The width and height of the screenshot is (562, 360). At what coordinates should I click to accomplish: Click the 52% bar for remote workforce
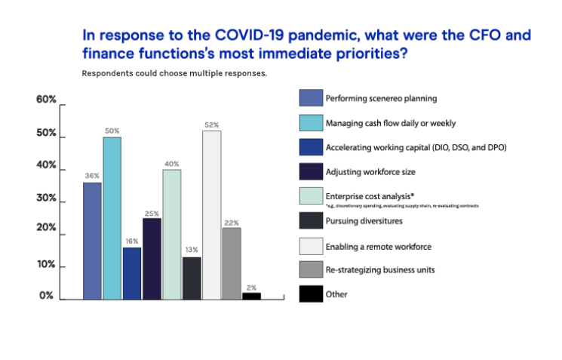[x=212, y=215]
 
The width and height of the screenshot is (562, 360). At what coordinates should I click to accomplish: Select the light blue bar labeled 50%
[x=112, y=218]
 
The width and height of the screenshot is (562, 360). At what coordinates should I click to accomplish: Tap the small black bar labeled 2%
[x=251, y=296]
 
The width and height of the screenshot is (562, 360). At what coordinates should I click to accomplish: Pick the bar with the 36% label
[x=92, y=241]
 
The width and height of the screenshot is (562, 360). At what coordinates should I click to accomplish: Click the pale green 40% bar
[x=172, y=234]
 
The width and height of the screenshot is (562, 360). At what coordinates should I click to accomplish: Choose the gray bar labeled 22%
[x=232, y=263]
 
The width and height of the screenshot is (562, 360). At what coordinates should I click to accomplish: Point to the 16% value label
[x=132, y=241]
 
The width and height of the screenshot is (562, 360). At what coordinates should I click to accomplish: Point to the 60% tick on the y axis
[x=47, y=100]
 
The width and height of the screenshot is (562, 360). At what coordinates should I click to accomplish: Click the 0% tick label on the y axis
[x=47, y=296]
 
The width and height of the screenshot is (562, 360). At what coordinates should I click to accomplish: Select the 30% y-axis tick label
[x=47, y=198]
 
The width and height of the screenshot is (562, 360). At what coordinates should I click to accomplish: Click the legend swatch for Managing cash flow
[x=311, y=122]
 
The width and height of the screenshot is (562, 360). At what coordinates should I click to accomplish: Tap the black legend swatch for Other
[x=311, y=294]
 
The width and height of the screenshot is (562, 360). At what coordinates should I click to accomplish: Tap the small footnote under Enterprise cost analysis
[x=401, y=205]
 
